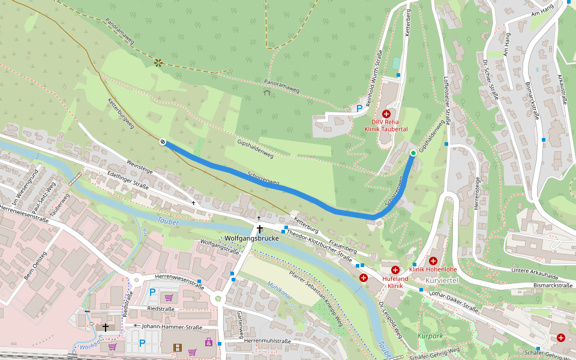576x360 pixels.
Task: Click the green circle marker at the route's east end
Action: point(413,154)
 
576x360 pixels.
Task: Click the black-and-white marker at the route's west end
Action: point(163,142)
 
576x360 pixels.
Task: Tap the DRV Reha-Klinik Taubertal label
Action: point(386,125)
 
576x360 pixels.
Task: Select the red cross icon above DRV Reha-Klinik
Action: point(386,113)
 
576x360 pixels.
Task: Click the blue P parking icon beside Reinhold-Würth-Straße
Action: point(359,109)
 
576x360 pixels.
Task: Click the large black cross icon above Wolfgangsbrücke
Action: point(260,229)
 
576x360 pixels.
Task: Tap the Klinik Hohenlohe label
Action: point(433,269)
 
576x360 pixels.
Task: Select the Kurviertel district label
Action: point(442,281)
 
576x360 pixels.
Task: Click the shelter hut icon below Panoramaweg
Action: point(266,92)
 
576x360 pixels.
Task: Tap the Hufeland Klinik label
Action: point(395,282)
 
